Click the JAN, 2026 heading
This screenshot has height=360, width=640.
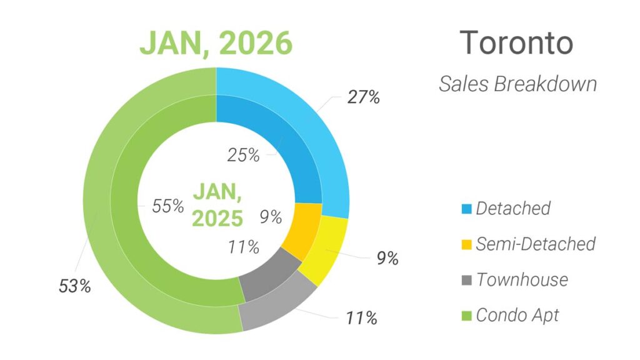click(x=216, y=43)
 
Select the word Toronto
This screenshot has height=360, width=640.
click(x=516, y=42)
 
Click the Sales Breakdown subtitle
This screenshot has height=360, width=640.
click(x=517, y=84)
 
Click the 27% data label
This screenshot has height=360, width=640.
click(x=363, y=97)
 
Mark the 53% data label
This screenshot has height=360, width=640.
click(x=74, y=287)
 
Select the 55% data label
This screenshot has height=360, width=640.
click(x=167, y=206)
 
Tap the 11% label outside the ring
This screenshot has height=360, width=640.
click(x=361, y=318)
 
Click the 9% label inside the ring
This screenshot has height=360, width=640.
click(x=269, y=217)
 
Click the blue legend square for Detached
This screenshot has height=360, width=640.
click(x=464, y=208)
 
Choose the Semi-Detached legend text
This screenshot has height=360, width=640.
click(x=536, y=244)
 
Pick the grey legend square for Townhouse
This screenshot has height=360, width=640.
click(x=464, y=279)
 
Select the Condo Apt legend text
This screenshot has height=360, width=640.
click(x=517, y=315)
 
